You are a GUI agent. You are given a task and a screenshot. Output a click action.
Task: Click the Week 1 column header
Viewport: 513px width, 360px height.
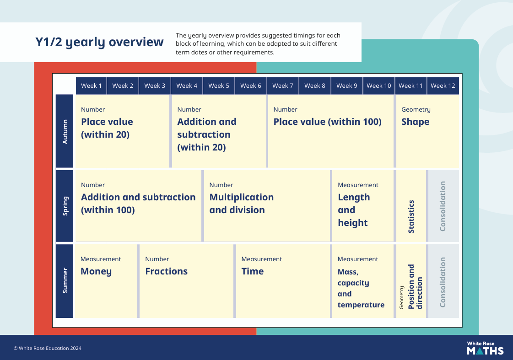pos(91,86)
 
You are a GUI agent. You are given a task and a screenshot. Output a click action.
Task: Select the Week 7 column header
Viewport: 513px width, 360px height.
pos(283,86)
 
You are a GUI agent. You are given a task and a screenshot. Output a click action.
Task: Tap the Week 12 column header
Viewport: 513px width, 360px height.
pos(443,86)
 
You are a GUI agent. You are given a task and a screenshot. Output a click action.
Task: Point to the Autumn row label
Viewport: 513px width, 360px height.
pos(65,131)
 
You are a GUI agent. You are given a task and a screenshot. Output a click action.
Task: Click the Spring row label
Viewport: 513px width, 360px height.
pos(65,206)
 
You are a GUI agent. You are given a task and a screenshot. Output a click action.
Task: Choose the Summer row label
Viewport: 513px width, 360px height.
pos(65,280)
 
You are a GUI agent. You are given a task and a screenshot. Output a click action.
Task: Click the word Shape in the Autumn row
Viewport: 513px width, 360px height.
pos(415,122)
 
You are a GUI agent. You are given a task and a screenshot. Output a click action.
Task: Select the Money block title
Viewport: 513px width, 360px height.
pos(96,271)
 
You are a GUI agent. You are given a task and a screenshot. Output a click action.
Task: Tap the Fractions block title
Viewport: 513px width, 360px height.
pos(166,271)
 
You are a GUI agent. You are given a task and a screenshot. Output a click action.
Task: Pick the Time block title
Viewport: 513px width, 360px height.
pos(252,271)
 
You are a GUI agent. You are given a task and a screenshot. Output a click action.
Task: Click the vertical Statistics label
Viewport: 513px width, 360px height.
pos(411,216)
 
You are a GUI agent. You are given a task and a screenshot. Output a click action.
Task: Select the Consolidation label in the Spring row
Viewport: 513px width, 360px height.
pos(443,206)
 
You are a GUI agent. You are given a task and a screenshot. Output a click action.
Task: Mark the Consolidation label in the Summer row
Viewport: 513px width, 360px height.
pos(443,282)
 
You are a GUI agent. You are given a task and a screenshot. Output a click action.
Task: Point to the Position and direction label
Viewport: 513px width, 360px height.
pos(415,287)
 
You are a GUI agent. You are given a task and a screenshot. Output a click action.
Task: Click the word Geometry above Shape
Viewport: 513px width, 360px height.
pos(416,109)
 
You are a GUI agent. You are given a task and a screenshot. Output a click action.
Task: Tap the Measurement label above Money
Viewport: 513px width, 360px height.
pos(100,259)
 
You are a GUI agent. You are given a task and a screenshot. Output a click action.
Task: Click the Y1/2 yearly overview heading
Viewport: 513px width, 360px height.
pos(99,42)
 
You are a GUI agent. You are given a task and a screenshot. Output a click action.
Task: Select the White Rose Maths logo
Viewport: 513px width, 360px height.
pos(485,348)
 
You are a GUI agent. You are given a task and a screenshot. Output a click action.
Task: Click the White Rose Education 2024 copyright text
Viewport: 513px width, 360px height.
pos(48,348)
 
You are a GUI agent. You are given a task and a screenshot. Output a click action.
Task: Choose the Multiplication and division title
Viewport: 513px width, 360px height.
pos(242,204)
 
